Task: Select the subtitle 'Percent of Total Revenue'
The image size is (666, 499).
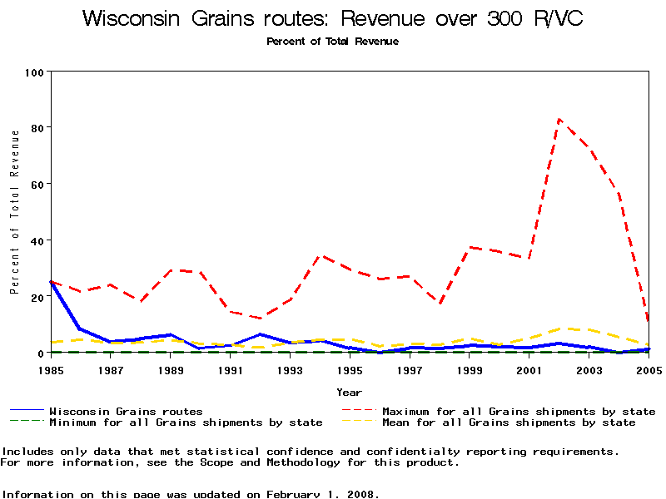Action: point(332,42)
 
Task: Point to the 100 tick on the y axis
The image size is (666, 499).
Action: point(33,72)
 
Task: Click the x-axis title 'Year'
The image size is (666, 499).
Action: point(349,392)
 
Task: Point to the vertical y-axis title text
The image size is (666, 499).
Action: point(14,212)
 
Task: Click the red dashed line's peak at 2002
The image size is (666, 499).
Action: point(559,119)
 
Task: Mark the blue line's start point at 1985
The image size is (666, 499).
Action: point(51,282)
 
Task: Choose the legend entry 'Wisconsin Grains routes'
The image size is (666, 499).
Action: point(126,411)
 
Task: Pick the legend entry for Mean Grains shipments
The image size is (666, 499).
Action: point(508,422)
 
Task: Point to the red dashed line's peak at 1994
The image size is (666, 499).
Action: point(321,256)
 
